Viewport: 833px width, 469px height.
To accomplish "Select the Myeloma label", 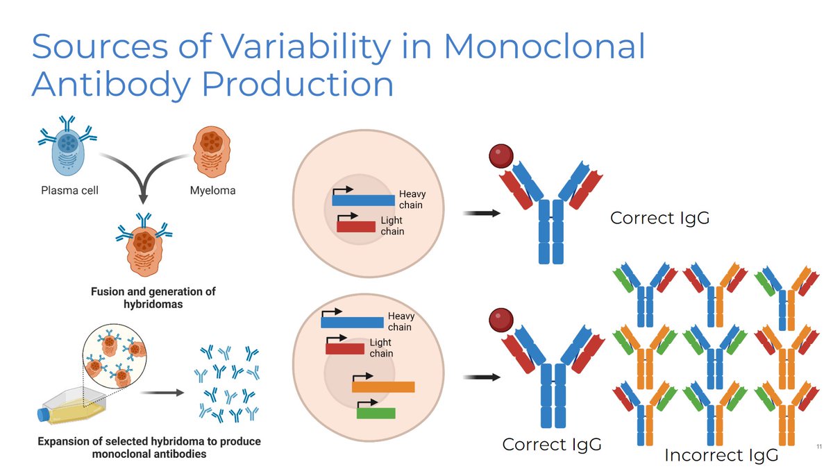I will pyautogui.click(x=212, y=191).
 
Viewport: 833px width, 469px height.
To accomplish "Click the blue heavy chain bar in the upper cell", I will pyautogui.click(x=363, y=200).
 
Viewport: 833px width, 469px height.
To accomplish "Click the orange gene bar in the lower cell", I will pyautogui.click(x=383, y=387).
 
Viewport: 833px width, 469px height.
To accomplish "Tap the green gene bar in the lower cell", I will pyautogui.click(x=376, y=413).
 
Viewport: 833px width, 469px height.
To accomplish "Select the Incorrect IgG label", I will pyautogui.click(x=721, y=455).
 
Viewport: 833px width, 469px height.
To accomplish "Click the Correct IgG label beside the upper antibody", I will pyautogui.click(x=659, y=218).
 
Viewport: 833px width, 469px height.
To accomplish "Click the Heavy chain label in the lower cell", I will pyautogui.click(x=400, y=322).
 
